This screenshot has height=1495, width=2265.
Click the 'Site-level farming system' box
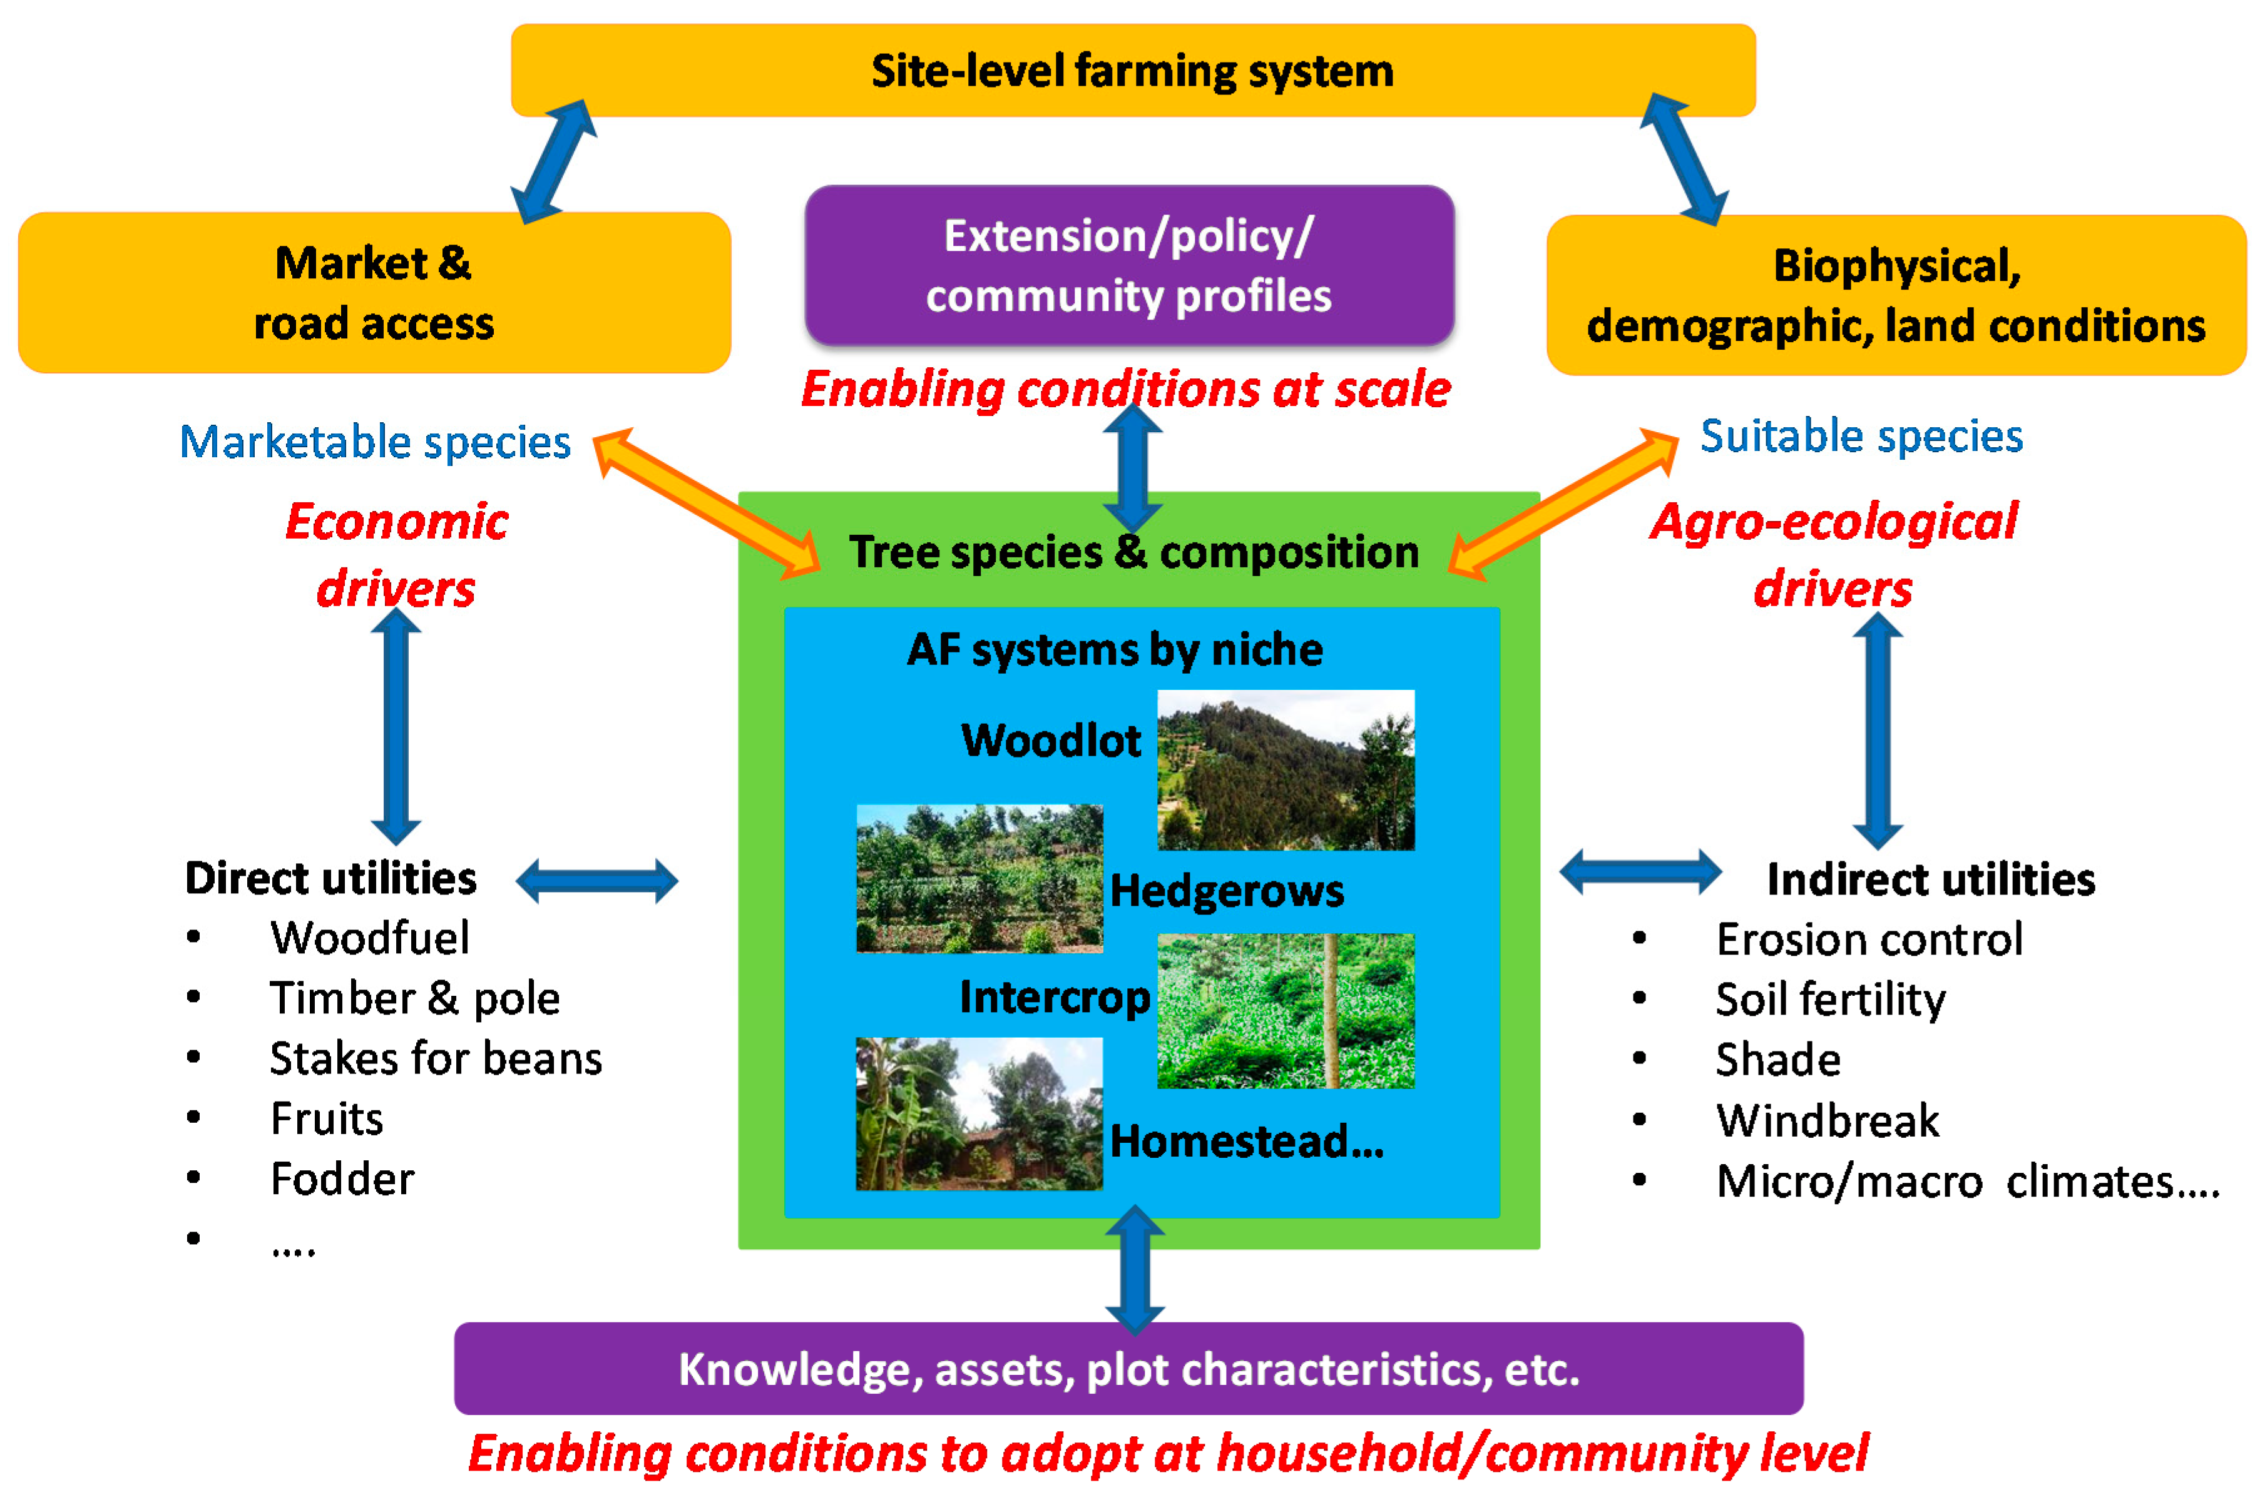click(1132, 71)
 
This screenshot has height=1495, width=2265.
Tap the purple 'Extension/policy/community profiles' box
click(1128, 265)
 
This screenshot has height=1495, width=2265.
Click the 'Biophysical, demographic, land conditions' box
click(1895, 296)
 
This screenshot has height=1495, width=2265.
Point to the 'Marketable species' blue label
click(375, 442)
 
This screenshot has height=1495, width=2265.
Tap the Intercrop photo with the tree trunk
click(1285, 1011)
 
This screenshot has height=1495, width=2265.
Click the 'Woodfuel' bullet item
click(369, 938)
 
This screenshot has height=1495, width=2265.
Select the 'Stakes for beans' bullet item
click(435, 1058)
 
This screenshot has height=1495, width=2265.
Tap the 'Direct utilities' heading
click(330, 878)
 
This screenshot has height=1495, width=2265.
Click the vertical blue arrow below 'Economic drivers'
click(396, 726)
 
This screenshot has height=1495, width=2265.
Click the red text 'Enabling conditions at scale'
click(1125, 390)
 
